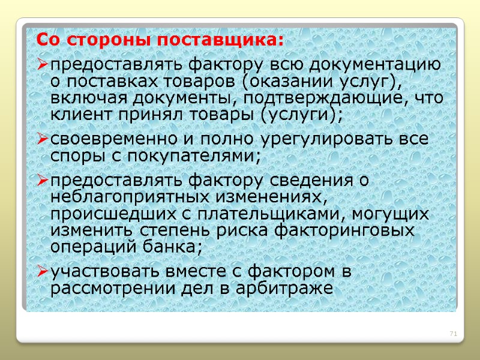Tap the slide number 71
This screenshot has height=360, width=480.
pos(454,334)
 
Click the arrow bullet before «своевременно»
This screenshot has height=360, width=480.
pos(42,140)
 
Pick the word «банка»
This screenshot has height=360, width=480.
pos(176,246)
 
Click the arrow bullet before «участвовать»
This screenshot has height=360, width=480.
pos(42,272)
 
